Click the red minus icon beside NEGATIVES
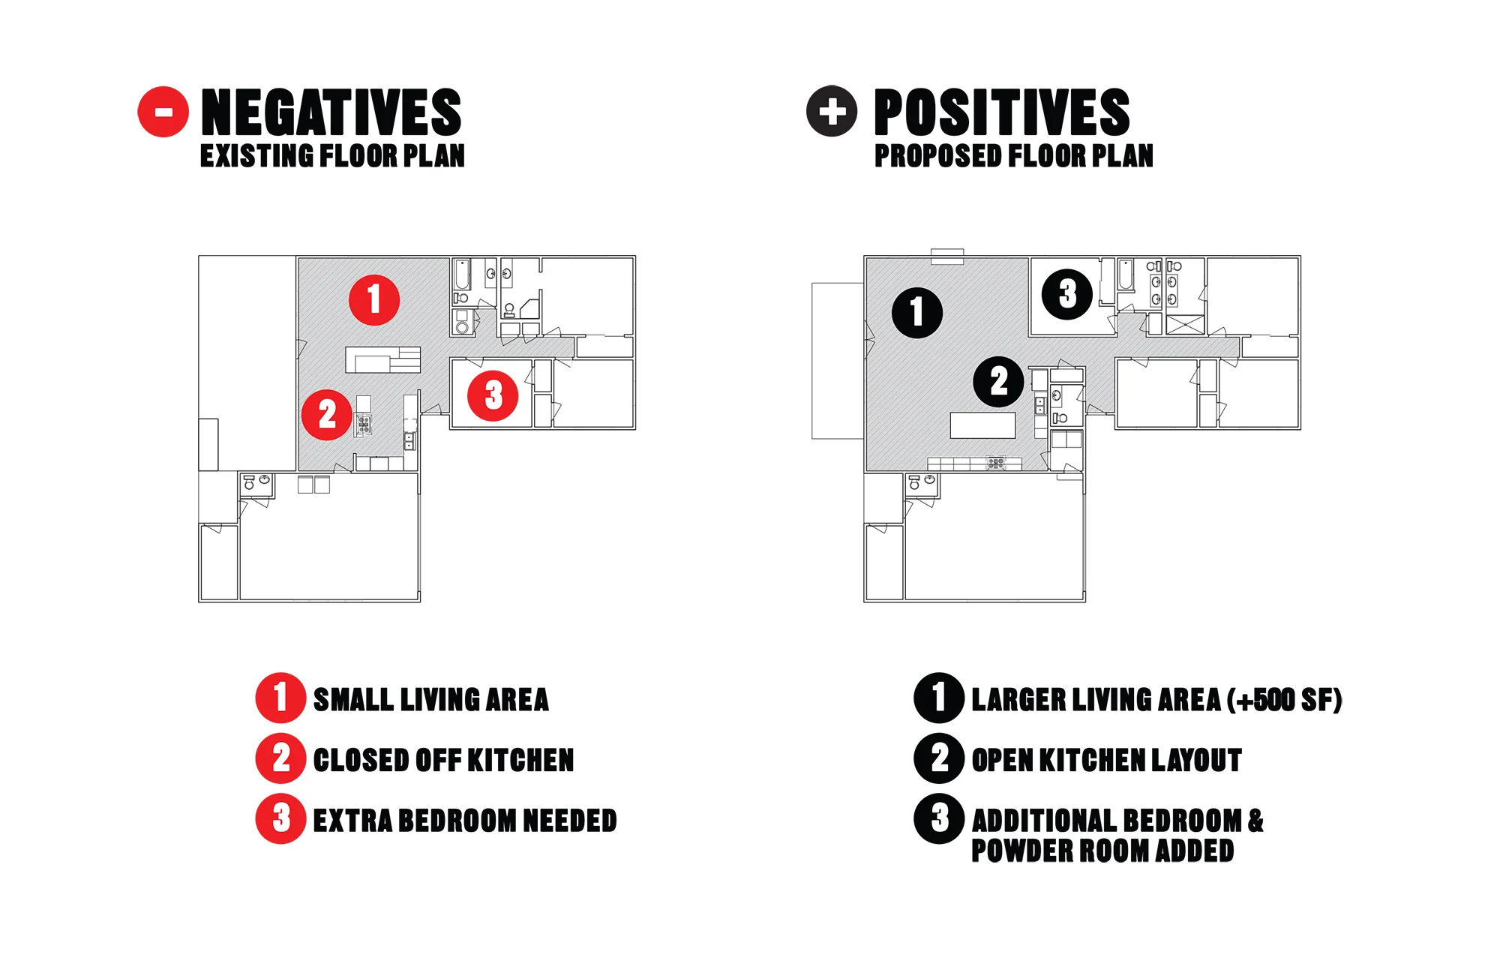pos(163,112)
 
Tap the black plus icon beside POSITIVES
pos(831,111)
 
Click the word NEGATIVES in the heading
pos(331,112)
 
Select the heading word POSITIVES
pos(1001,112)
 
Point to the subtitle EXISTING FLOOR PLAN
pos(332,156)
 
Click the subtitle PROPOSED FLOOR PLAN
pos(1013,156)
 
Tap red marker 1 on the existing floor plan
pos(374,300)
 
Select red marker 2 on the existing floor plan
pos(327,414)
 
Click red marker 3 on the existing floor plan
pos(493,395)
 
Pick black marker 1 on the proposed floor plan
pos(916,312)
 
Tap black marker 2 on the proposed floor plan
pos(998,382)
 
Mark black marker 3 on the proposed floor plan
pos(1067,294)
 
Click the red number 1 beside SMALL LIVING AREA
pos(280,698)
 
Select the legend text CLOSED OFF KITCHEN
pos(443,760)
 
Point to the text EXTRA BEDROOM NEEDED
pos(465,821)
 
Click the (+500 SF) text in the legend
pos(1284,700)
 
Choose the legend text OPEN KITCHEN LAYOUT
pos(1106,760)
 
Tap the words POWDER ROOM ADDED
pos(1102,851)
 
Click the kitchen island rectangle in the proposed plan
pos(982,425)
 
